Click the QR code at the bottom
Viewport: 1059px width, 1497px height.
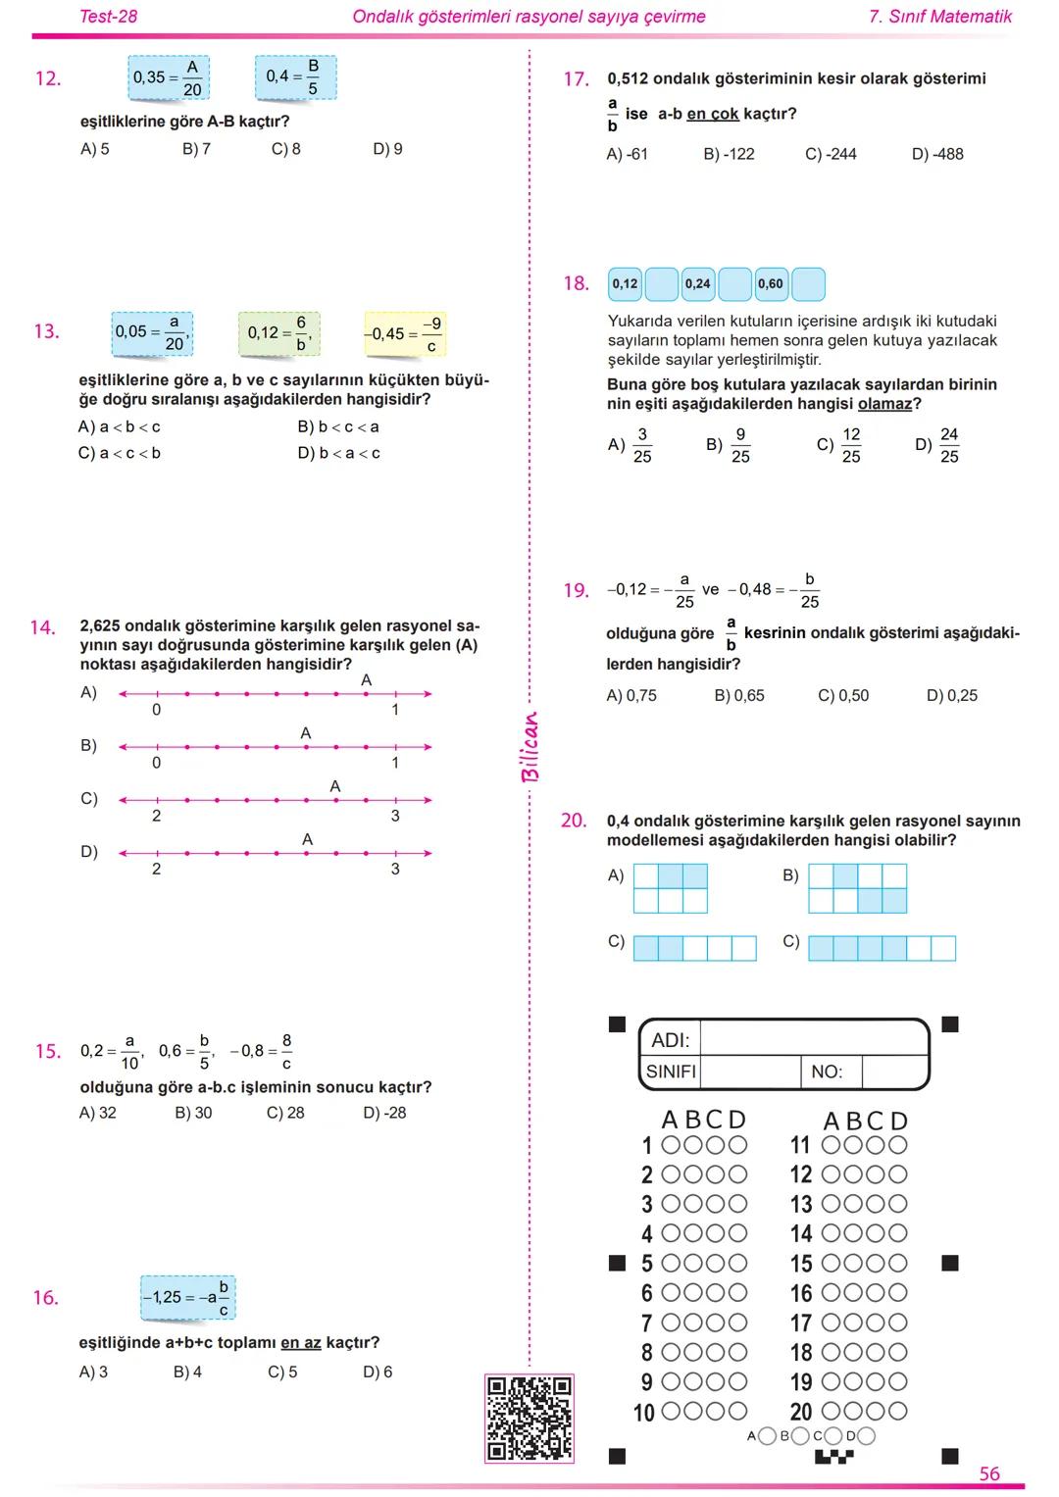tap(529, 1419)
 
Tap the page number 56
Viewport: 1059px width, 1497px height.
tap(989, 1474)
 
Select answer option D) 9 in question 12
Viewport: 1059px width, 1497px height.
tap(387, 149)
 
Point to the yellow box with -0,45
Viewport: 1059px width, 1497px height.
tap(405, 334)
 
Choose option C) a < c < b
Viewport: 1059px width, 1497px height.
tap(119, 453)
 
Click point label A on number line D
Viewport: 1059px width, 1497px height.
tap(307, 839)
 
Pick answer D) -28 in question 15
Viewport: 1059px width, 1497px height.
tap(384, 1113)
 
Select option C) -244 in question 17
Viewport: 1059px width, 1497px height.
tap(831, 154)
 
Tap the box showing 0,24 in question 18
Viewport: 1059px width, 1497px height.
tap(698, 284)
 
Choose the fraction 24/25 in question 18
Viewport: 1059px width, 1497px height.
tap(948, 445)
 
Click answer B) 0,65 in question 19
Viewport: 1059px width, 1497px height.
tap(739, 695)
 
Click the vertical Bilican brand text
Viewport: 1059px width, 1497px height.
tap(529, 747)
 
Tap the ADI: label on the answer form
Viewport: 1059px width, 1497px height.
tap(671, 1039)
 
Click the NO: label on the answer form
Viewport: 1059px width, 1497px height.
tap(827, 1072)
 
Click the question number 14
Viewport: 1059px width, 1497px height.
tap(42, 627)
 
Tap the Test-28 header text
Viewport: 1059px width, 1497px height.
tap(108, 17)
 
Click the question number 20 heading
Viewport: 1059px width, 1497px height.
tap(574, 821)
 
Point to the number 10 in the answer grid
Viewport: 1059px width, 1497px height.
tap(643, 1413)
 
